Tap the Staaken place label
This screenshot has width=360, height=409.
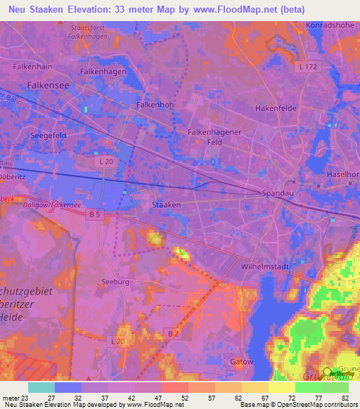pos(167,204)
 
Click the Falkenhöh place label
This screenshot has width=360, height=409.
pos(154,105)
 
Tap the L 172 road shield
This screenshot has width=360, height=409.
pos(308,67)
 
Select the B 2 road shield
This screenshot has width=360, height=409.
pos(172,332)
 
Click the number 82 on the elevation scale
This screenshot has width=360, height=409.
pos(345,398)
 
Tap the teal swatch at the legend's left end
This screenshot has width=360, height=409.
pos(41,387)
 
